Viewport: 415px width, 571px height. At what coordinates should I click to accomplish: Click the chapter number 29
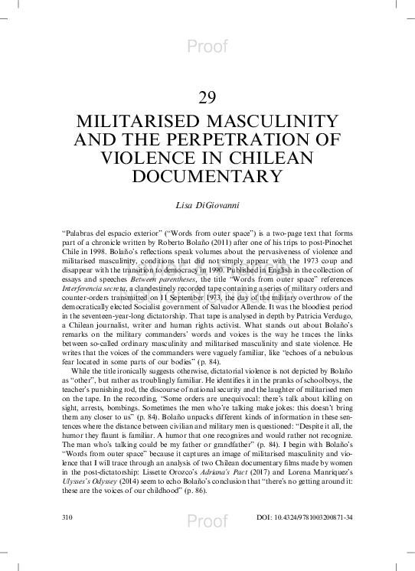coord(207,97)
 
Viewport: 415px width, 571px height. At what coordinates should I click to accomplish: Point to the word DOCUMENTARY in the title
coord(207,176)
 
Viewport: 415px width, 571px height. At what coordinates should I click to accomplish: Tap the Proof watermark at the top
coord(207,47)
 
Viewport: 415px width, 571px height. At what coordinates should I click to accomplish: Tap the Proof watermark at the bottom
coord(207,521)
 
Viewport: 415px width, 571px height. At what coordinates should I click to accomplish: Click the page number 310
coord(66,518)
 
